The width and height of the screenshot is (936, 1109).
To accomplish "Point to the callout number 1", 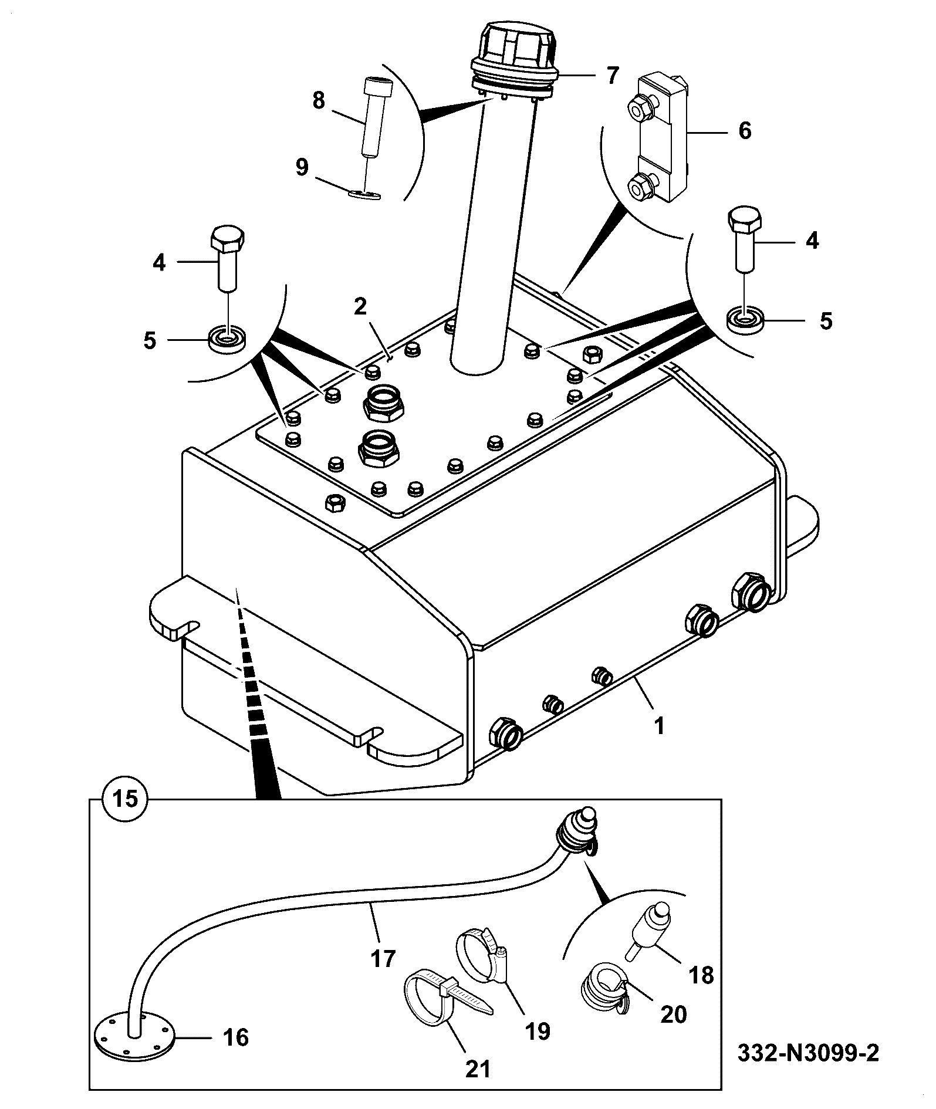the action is click(659, 726).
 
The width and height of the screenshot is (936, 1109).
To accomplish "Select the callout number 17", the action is click(383, 959).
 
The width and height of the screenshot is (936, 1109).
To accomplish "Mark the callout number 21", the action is click(478, 1069).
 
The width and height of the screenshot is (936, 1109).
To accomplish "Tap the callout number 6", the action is click(744, 131).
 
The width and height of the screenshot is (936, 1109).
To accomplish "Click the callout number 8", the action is click(319, 101).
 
